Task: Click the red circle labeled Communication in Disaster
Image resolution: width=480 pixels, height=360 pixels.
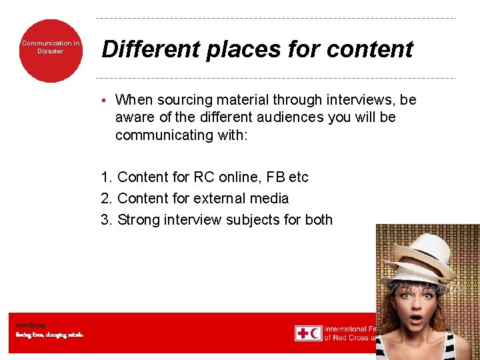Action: [50, 51]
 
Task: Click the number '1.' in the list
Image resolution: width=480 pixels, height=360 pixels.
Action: [107, 177]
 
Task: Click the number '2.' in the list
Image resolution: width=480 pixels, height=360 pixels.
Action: [107, 198]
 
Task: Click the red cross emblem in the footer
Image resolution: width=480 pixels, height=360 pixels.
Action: [302, 333]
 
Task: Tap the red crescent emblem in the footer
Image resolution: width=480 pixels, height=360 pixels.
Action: [315, 333]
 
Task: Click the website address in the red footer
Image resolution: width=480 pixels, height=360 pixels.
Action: [30, 325]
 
